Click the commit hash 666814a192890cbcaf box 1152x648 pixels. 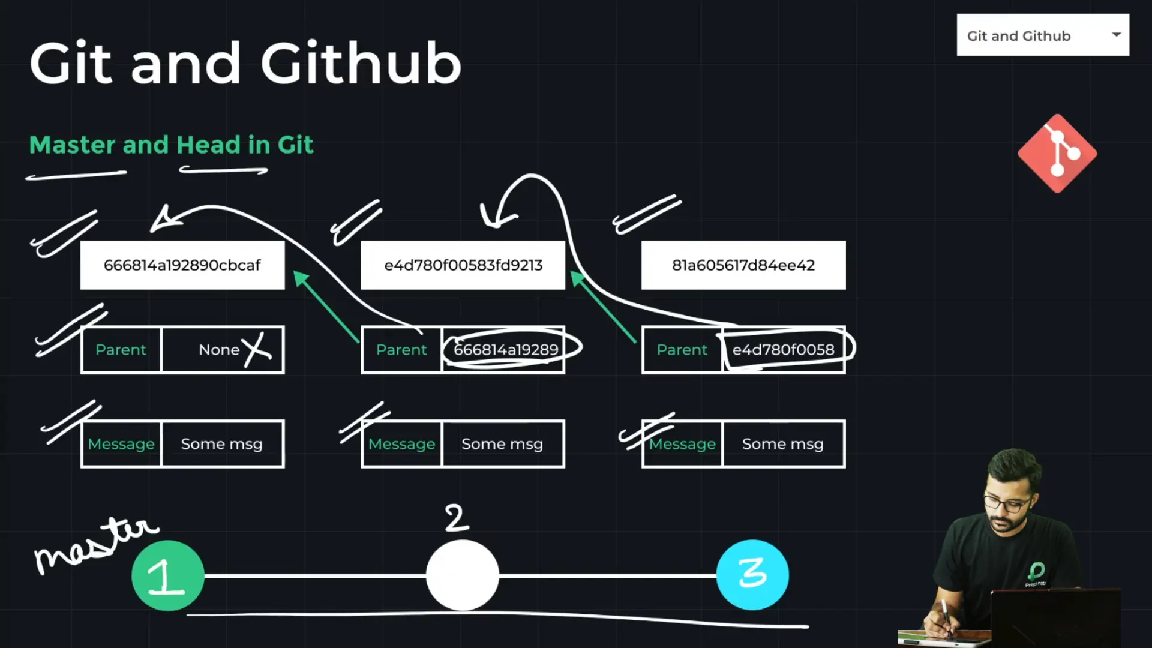pyautogui.click(x=182, y=265)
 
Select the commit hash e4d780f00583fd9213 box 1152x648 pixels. pyautogui.click(x=463, y=265)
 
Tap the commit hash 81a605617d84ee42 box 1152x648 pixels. pyautogui.click(x=743, y=265)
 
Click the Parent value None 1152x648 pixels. pyautogui.click(x=219, y=350)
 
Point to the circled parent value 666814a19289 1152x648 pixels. pyautogui.click(x=506, y=350)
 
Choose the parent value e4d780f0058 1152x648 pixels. pyautogui.click(x=783, y=350)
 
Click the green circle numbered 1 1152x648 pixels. pyautogui.click(x=168, y=576)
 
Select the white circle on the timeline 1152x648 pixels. pyautogui.click(x=463, y=575)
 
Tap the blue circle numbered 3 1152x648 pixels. pyautogui.click(x=752, y=575)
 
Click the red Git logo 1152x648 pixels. pyautogui.click(x=1057, y=154)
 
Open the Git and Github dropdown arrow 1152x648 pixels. pyautogui.click(x=1116, y=35)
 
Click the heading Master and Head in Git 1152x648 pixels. pyautogui.click(x=171, y=145)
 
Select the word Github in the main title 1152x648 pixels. pyautogui.click(x=361, y=64)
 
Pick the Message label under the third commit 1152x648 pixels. pyautogui.click(x=683, y=444)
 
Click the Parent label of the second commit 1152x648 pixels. pyautogui.click(x=401, y=350)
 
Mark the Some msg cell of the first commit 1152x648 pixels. pyautogui.click(x=222, y=444)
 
